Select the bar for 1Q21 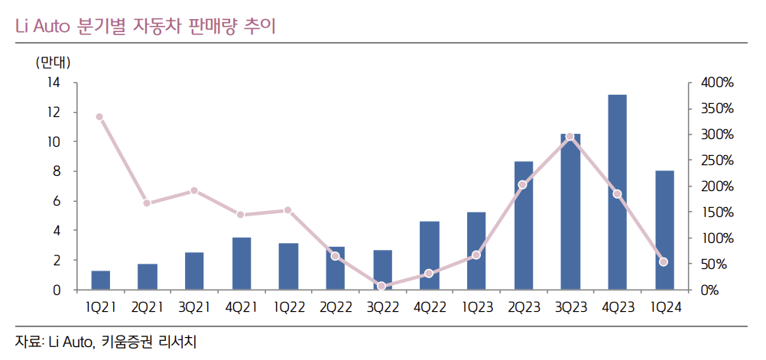[100, 281]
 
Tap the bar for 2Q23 [524, 226]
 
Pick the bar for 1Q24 [664, 230]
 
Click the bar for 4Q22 [429, 256]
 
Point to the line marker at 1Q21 [99, 117]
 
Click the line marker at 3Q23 [570, 137]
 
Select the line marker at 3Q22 [381, 286]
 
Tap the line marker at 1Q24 [664, 262]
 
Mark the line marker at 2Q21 [147, 203]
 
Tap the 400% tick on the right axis [716, 83]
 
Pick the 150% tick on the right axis [716, 212]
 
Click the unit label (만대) [53, 62]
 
